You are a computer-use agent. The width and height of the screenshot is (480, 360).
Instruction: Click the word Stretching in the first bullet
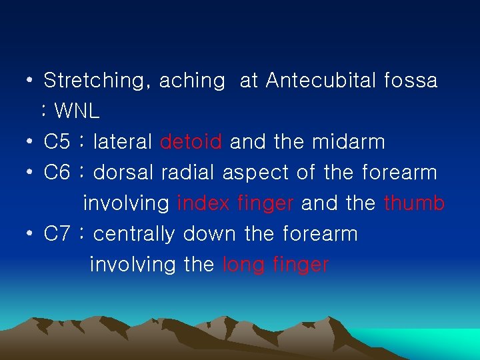click(96, 81)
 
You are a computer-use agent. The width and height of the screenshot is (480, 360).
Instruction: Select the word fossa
click(411, 81)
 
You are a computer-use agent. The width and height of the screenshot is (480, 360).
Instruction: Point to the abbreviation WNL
click(77, 111)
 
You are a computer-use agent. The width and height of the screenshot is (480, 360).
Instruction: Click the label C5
click(57, 142)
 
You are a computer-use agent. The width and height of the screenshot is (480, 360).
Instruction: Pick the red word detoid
click(191, 142)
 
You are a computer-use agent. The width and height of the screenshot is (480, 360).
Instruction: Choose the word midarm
click(349, 142)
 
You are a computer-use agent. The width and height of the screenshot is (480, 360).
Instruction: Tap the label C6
click(57, 173)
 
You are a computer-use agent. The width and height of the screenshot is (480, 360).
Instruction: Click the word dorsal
click(124, 173)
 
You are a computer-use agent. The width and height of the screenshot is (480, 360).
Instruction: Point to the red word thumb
click(414, 203)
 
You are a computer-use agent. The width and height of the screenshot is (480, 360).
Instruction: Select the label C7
click(57, 234)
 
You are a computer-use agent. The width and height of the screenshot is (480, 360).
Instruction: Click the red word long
click(243, 265)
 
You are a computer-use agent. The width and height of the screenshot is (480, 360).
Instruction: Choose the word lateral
click(123, 142)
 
